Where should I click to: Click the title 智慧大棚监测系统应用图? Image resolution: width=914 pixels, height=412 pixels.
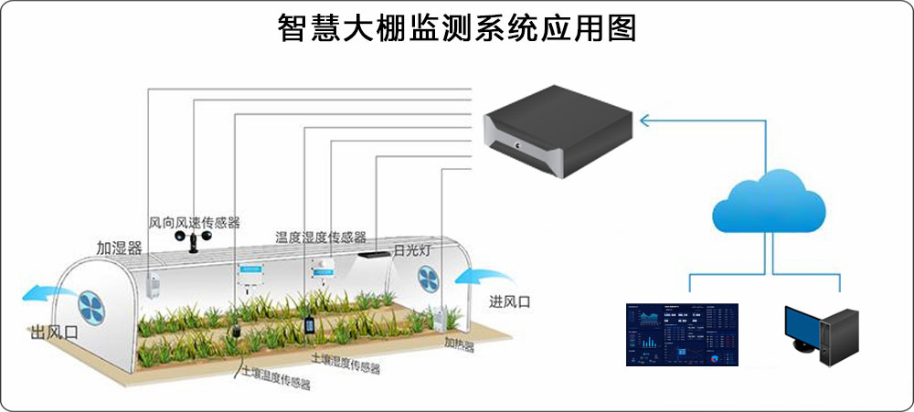pos(457,27)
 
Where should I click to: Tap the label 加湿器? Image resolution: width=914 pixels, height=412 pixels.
pos(119,248)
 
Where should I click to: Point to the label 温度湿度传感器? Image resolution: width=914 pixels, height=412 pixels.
pos(321,237)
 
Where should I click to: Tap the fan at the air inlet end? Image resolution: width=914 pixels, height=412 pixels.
pos(430,278)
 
